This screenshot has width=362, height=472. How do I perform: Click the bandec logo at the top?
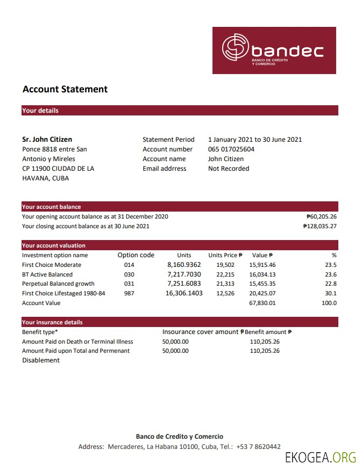point(274,50)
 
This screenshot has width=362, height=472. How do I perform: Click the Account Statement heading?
point(65,90)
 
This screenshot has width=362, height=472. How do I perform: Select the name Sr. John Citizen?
point(47,140)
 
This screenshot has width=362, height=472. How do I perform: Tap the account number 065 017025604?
point(231,149)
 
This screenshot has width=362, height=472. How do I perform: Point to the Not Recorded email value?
point(229,169)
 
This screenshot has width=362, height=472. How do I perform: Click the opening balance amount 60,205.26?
point(321,217)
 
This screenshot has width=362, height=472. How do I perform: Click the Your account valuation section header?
point(54,245)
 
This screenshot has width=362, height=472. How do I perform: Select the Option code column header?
point(136,255)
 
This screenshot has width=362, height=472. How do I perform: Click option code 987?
point(129,294)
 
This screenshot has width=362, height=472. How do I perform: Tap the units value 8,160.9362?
point(184,265)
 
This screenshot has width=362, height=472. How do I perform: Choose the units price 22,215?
point(225,274)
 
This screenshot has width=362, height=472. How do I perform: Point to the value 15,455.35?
point(262,284)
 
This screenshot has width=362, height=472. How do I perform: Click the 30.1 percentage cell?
point(331,294)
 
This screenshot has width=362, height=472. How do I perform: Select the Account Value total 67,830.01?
point(262,303)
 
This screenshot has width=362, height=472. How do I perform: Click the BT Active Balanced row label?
point(47,274)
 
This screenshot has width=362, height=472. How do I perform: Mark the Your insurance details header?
point(52,322)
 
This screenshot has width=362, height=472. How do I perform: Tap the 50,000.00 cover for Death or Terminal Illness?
point(175,342)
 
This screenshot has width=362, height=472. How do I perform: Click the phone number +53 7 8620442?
point(258,447)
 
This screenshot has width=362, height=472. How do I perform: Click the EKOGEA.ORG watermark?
point(321,458)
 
